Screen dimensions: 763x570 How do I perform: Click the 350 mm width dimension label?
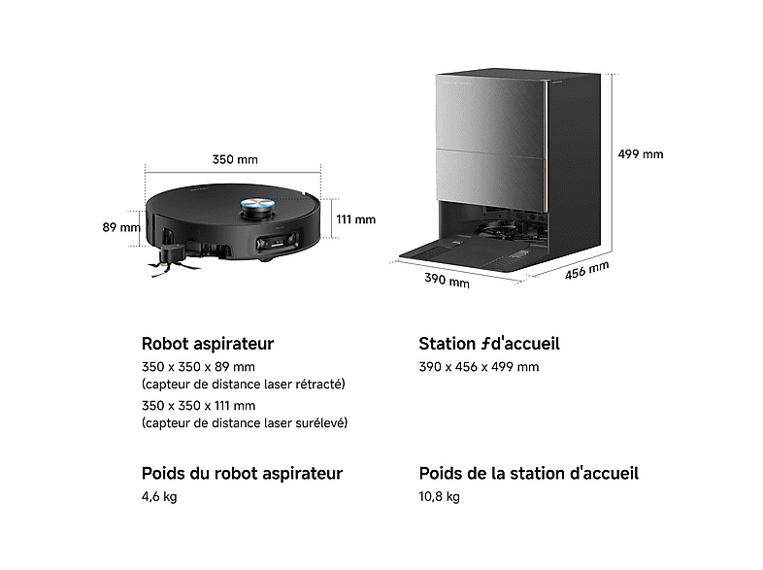(x=235, y=159)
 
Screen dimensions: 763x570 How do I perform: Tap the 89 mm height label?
(x=121, y=227)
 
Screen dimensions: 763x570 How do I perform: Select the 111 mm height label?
(x=355, y=219)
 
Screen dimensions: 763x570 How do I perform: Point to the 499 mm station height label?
(x=641, y=154)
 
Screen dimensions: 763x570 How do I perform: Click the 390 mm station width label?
(x=447, y=281)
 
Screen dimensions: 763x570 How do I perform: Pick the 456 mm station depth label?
(x=587, y=271)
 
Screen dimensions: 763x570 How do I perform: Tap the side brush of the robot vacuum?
(x=174, y=260)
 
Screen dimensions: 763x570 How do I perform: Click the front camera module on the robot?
(x=278, y=242)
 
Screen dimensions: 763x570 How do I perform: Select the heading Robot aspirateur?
(x=208, y=344)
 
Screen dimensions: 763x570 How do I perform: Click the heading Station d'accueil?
(x=489, y=344)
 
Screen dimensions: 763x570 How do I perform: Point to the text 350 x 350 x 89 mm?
(x=199, y=367)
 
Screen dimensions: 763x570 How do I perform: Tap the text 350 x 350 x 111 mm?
(x=199, y=406)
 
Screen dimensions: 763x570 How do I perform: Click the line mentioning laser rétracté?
(x=244, y=385)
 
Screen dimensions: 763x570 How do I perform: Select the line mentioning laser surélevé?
(x=245, y=423)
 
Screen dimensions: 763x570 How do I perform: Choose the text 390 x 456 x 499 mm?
(x=479, y=367)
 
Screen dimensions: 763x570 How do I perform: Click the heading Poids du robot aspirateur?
(x=243, y=474)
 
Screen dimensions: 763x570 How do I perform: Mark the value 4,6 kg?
(x=159, y=497)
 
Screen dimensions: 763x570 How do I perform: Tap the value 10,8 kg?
(x=440, y=497)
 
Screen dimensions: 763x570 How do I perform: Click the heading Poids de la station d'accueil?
(x=529, y=474)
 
